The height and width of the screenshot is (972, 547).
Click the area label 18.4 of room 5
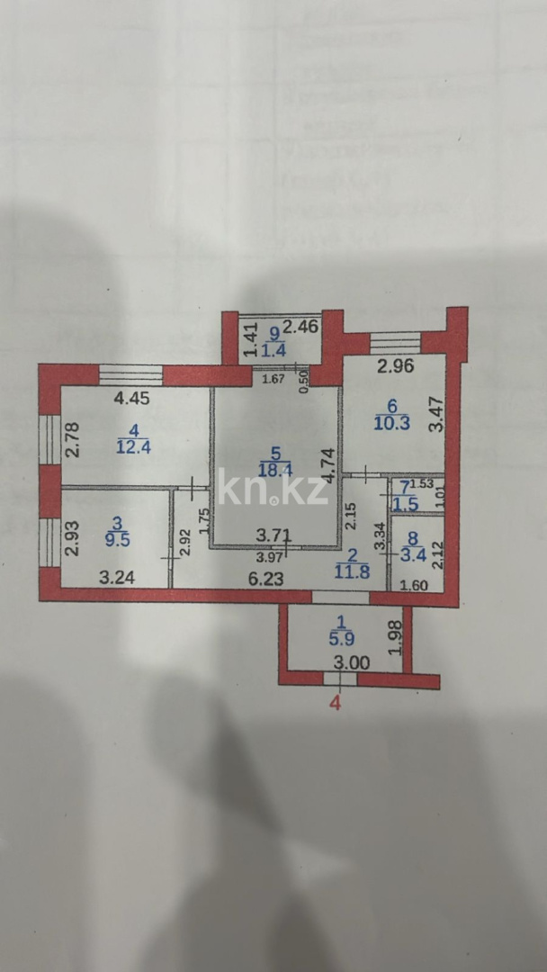click(278, 467)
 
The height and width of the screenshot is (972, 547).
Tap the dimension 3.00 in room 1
click(351, 663)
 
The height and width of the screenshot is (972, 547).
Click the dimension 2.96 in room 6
click(395, 366)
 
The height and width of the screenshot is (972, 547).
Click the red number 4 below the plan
click(336, 704)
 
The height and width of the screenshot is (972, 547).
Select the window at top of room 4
click(130, 375)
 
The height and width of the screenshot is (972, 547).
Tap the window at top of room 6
click(395, 343)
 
